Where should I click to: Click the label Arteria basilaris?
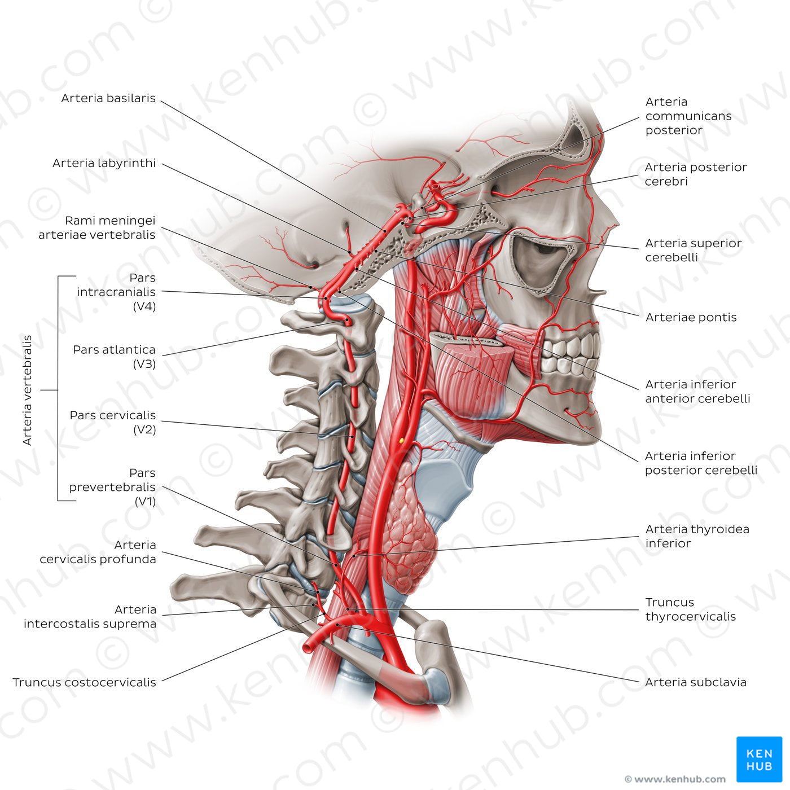tap(108, 98)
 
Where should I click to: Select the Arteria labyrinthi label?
tap(104, 163)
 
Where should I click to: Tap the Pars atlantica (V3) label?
tap(114, 357)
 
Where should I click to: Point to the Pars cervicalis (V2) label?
tap(113, 422)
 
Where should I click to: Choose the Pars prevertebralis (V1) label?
tap(112, 487)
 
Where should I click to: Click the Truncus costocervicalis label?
tap(85, 682)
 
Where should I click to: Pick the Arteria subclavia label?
tap(695, 682)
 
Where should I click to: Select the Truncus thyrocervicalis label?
tap(690, 609)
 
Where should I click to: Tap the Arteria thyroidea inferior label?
tap(697, 536)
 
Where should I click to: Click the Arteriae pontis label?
tap(691, 317)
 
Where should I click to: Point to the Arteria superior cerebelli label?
tap(693, 250)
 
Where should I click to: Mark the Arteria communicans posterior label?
tap(688, 116)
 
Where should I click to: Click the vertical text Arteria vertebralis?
tap(27, 390)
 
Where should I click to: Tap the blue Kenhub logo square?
tap(759, 759)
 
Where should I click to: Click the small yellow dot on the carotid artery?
tap(401, 440)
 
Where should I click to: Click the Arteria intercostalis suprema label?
tap(90, 617)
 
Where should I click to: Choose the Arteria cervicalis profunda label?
tap(98, 552)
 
